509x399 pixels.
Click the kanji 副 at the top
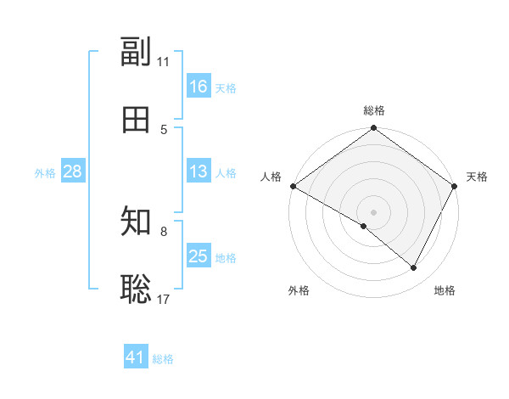[136, 53]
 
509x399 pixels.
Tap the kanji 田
[136, 120]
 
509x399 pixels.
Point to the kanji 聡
[136, 288]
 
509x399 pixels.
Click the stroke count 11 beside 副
[164, 62]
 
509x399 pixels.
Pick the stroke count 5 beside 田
[164, 129]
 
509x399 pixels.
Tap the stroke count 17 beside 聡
[164, 298]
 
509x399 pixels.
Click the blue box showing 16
[198, 87]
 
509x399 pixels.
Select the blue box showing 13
[198, 171]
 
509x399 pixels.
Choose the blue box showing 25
[198, 256]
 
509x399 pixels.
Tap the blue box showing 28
[72, 171]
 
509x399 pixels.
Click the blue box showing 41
[136, 357]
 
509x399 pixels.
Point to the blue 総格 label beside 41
[163, 359]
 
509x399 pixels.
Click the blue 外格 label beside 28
[45, 173]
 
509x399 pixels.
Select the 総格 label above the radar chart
[374, 110]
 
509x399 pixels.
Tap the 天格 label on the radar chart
[477, 177]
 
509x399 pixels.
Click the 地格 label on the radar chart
[445, 291]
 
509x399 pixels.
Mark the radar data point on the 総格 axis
[374, 129]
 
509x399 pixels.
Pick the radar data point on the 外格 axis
[364, 227]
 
